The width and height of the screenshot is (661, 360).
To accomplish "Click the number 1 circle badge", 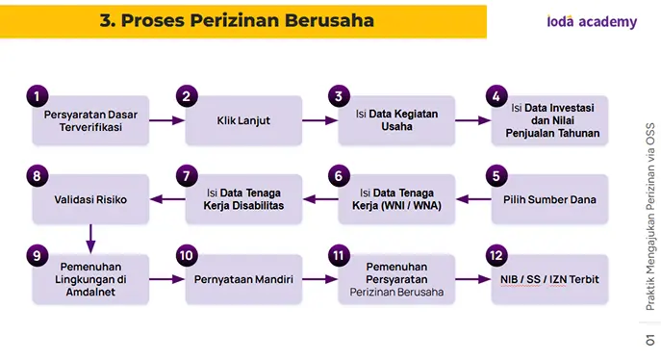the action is (38, 96).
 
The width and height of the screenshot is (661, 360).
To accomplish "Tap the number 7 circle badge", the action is (187, 175).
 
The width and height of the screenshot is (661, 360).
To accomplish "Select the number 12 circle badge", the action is (496, 255).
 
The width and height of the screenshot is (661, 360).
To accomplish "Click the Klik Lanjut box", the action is (243, 120).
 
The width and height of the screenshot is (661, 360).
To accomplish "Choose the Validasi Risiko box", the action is (90, 199).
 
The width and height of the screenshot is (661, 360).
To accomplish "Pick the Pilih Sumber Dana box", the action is (549, 199).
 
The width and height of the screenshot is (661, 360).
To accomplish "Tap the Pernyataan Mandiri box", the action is (243, 279).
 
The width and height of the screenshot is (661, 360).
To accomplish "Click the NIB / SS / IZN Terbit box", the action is (549, 279).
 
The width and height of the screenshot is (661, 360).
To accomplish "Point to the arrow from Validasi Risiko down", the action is (90, 239).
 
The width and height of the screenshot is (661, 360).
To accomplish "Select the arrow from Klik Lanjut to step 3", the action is (320, 120).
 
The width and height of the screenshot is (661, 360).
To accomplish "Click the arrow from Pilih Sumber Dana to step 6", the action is (473, 199).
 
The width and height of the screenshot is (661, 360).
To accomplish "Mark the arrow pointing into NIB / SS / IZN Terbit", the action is (473, 279).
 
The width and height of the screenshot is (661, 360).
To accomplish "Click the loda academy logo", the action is (592, 21).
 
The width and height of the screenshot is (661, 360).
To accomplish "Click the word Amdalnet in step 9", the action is (90, 292).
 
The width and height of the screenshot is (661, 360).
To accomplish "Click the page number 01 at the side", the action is (650, 340).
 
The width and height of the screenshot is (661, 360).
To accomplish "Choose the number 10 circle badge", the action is (187, 255).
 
